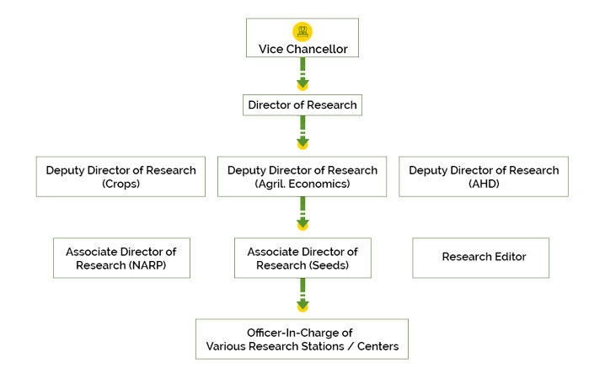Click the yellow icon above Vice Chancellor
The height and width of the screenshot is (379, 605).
pos(302,31)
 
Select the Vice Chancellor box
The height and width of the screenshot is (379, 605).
pos(302,39)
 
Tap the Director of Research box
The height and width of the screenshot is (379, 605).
pos(302,105)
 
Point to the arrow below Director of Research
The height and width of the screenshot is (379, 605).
pos(302,135)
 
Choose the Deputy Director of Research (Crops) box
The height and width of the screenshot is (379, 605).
pos(120,176)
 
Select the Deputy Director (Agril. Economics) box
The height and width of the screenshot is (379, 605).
pos(302,176)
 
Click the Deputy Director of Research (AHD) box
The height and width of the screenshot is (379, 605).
pos(484,176)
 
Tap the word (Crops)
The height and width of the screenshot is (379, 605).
pos(120,184)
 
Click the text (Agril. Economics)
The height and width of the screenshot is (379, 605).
pos(302,184)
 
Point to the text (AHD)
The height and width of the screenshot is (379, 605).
pos(484,184)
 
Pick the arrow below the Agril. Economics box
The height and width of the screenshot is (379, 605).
pos(302,216)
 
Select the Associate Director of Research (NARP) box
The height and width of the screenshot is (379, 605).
pos(120,258)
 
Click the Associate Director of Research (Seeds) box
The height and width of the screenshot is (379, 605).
pos(302,258)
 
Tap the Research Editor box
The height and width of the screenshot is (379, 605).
pos(484,258)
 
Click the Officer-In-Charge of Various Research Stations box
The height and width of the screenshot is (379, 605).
pos(302,339)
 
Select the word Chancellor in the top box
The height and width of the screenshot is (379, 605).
pos(318,49)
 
